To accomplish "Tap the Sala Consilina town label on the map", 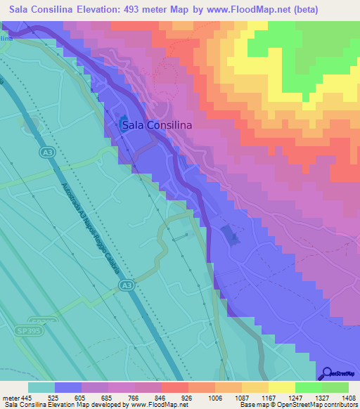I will (157, 126).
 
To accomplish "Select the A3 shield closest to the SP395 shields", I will (126, 285).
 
